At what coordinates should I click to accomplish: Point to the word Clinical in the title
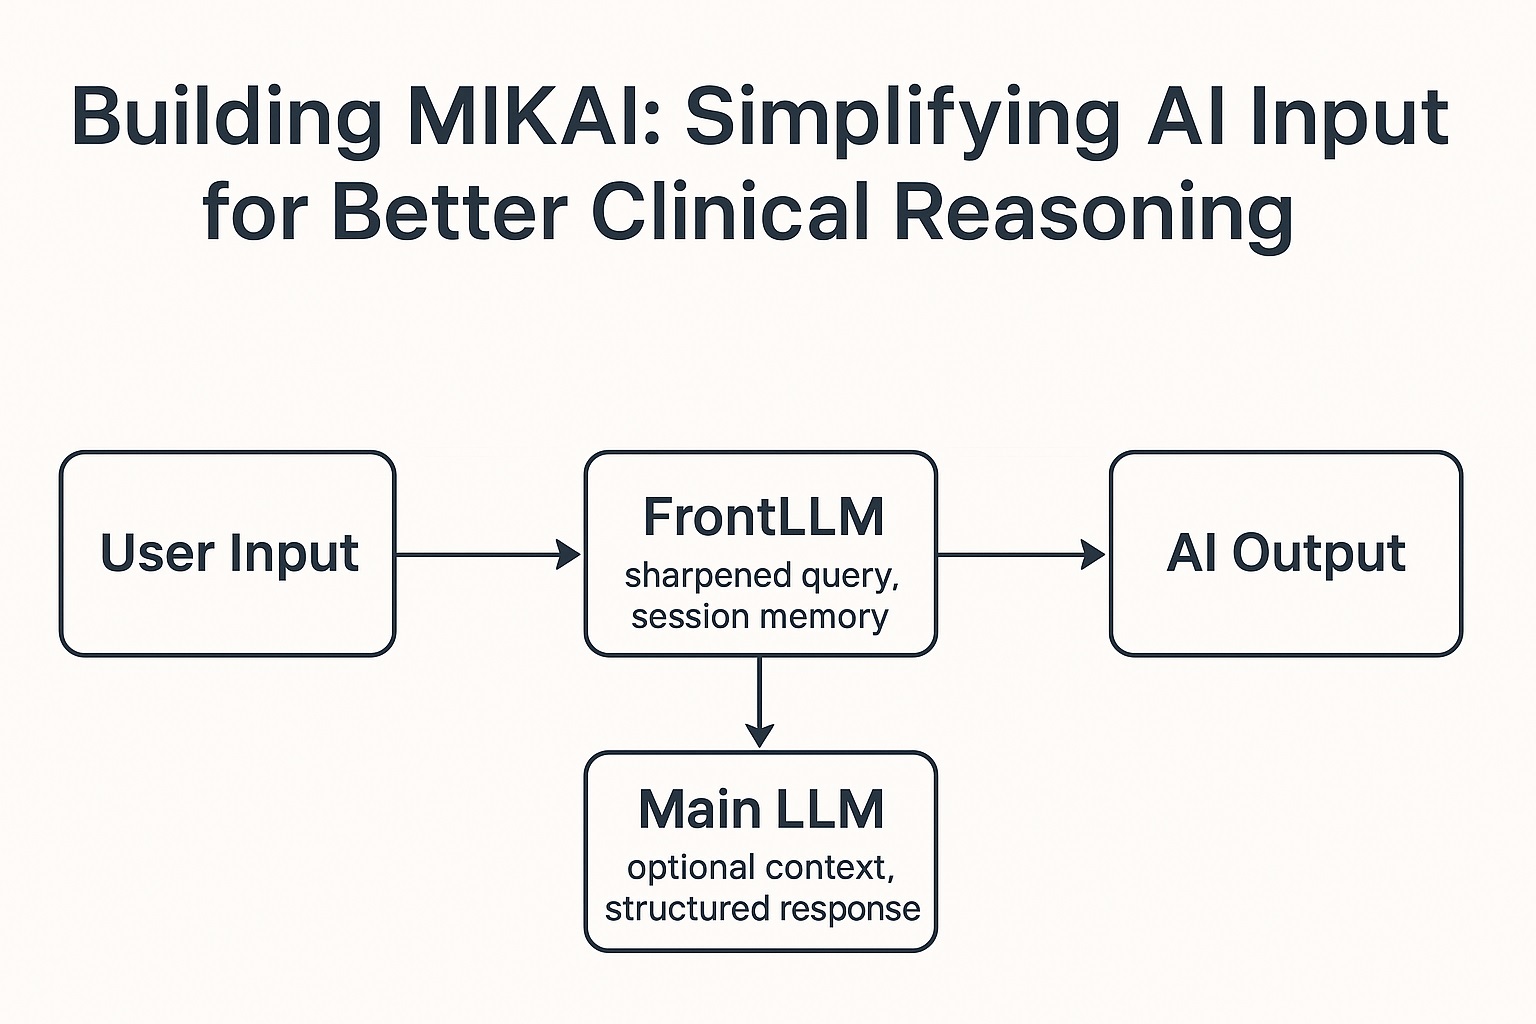731,212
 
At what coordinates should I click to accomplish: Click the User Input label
229,553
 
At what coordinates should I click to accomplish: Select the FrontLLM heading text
763,517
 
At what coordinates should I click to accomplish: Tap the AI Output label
1286,553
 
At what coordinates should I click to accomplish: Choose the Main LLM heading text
761,809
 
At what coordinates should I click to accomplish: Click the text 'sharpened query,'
761,576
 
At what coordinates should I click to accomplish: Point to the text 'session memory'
760,616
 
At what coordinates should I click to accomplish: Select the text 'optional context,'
761,867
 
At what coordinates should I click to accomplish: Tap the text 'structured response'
762,908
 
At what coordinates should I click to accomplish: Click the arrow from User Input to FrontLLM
488,554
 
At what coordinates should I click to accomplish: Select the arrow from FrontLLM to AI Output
1021,554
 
